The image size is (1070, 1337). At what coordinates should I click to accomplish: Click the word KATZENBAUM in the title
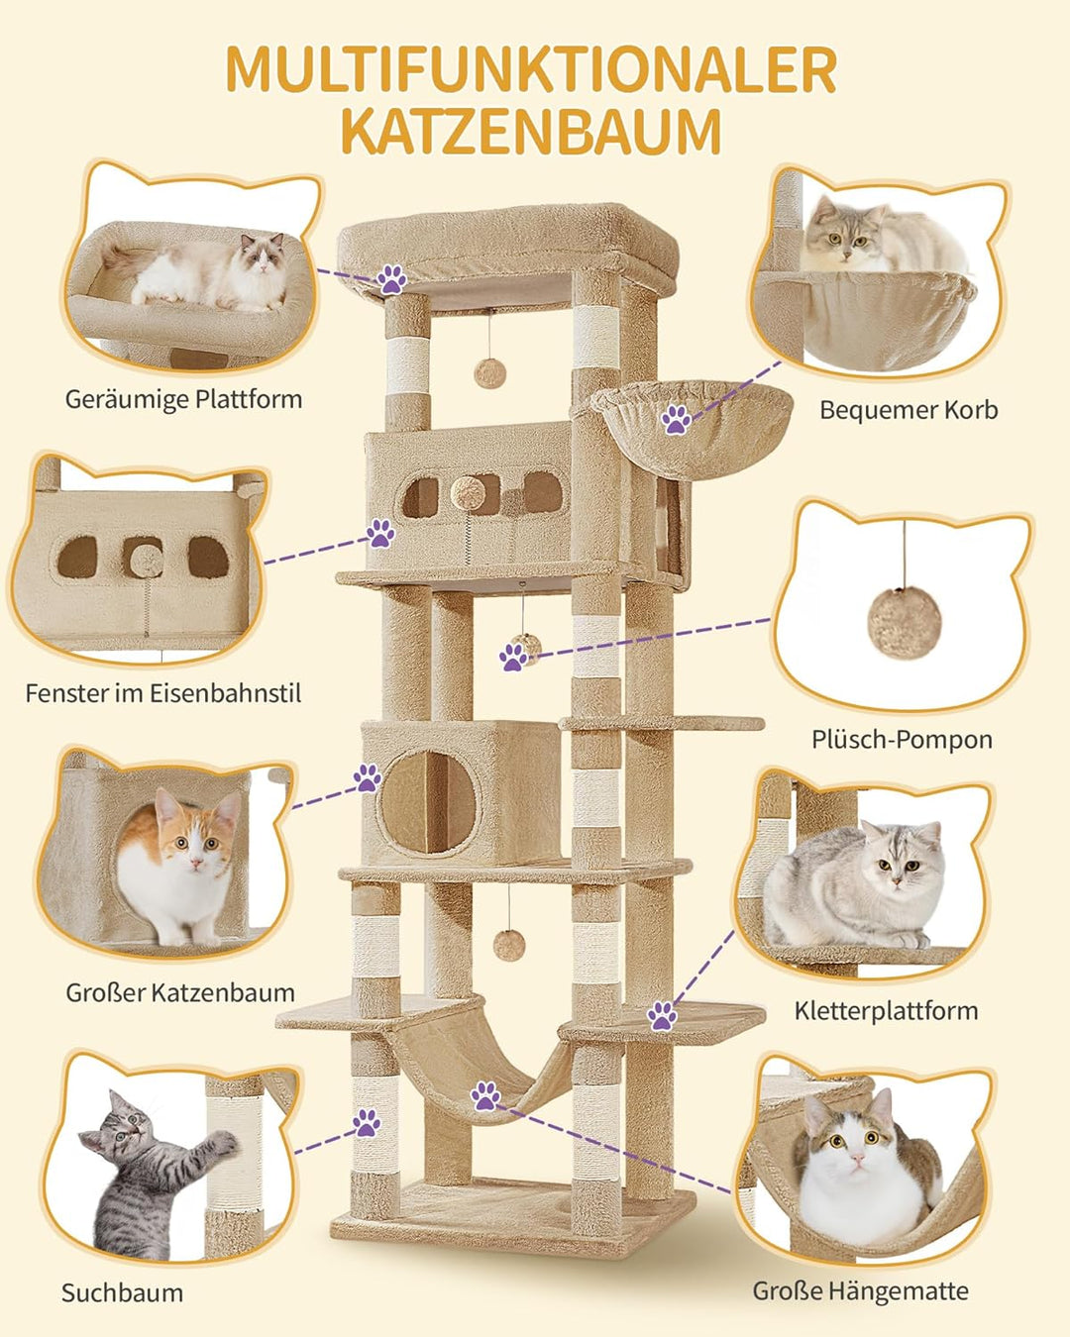[x=532, y=133]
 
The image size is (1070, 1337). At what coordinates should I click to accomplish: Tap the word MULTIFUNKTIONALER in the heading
[x=532, y=69]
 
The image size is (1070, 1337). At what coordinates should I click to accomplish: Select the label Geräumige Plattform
[x=183, y=400]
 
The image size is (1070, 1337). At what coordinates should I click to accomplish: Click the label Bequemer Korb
[x=909, y=410]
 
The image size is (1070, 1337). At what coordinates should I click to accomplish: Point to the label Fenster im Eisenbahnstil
[x=162, y=692]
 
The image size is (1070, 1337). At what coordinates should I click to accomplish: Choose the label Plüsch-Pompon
[x=902, y=740]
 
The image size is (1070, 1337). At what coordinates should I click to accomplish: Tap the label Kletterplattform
[x=886, y=1011]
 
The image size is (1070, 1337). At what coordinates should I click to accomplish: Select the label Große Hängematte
[x=861, y=1275]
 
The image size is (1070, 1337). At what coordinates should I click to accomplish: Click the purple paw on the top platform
[x=391, y=279]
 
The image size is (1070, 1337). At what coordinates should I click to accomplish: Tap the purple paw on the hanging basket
[x=676, y=419]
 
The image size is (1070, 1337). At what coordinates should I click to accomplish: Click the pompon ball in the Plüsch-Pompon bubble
[x=905, y=623]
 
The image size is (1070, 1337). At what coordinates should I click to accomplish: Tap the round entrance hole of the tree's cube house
[x=428, y=801]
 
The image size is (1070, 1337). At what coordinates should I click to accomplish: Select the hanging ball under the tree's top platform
[x=490, y=373]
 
